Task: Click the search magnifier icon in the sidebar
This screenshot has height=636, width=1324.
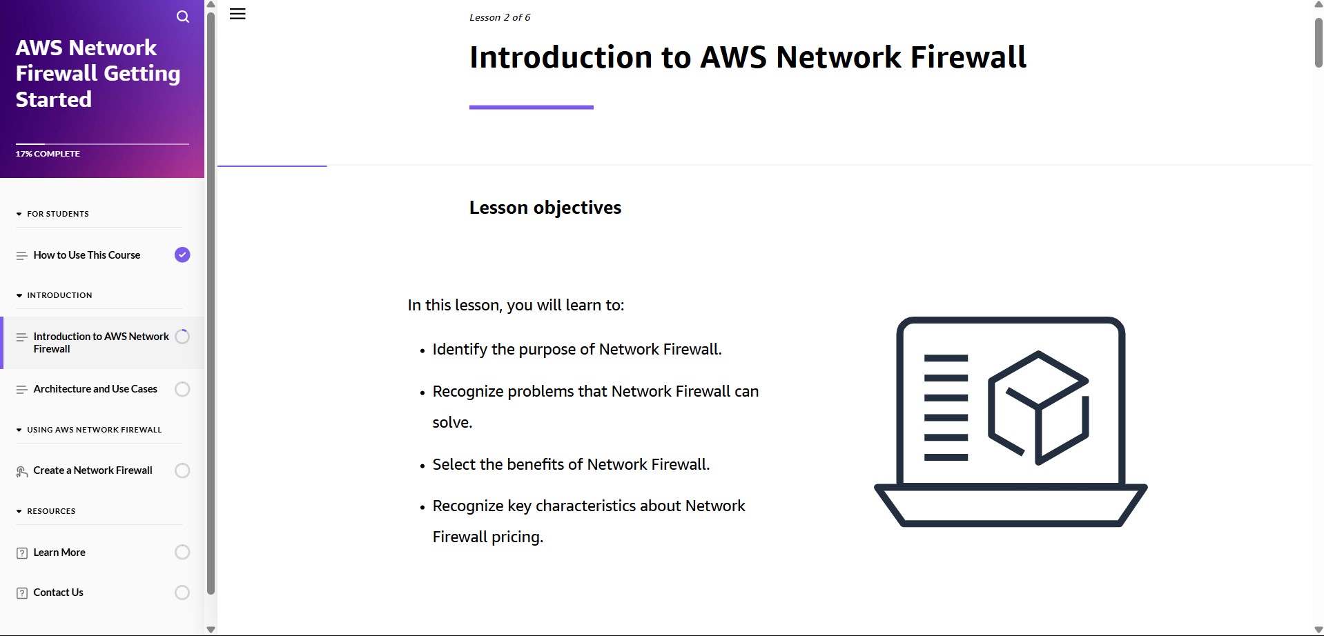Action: click(x=183, y=17)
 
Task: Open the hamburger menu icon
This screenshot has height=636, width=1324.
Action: click(x=237, y=14)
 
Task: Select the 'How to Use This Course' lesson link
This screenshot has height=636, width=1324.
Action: click(x=87, y=255)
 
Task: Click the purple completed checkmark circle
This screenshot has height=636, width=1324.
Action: click(x=182, y=255)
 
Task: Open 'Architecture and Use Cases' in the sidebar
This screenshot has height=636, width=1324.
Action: click(x=95, y=389)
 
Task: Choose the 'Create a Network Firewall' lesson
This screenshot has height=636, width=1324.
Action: click(x=93, y=470)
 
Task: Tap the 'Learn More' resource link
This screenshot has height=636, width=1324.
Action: click(x=59, y=553)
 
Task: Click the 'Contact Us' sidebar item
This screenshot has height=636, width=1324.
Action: click(x=59, y=593)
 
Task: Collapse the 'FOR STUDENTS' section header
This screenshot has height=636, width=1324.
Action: click(x=58, y=214)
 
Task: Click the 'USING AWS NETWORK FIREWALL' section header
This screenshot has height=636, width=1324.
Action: click(x=94, y=430)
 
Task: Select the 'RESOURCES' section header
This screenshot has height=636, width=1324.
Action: click(x=51, y=511)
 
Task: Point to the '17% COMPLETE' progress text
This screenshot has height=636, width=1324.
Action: click(x=48, y=154)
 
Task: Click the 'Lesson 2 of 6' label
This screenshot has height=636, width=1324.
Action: click(x=500, y=17)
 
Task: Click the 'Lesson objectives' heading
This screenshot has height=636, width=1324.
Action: click(x=545, y=208)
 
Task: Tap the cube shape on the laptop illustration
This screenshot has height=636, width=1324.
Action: click(x=1038, y=408)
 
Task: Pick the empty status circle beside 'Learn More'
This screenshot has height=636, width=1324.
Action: click(x=182, y=553)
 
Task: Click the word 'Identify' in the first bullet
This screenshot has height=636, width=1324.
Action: click(x=460, y=350)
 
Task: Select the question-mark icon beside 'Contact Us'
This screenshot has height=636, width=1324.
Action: click(x=22, y=593)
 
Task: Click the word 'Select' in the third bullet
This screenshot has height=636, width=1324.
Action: click(x=454, y=464)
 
